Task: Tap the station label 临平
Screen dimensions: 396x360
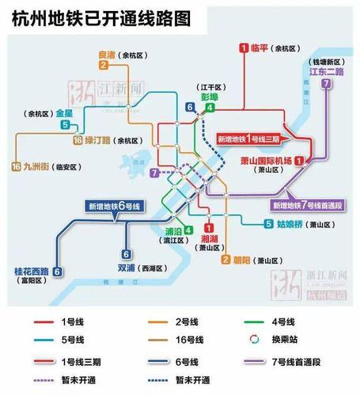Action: click(x=260, y=48)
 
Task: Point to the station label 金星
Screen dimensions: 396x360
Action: click(x=64, y=113)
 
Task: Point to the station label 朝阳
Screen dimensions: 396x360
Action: click(x=244, y=260)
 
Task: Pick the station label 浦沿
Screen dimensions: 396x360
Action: click(x=173, y=231)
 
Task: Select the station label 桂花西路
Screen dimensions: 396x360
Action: click(x=27, y=271)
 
